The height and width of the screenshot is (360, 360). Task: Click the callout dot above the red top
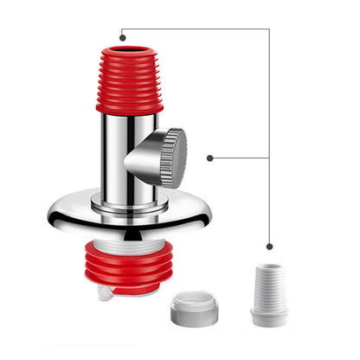[123, 37]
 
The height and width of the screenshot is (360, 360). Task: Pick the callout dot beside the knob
[210, 157]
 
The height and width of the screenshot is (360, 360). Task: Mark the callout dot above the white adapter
[269, 247]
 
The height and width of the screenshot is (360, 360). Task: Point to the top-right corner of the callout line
[269, 29]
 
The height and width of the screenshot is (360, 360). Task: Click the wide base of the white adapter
[269, 317]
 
